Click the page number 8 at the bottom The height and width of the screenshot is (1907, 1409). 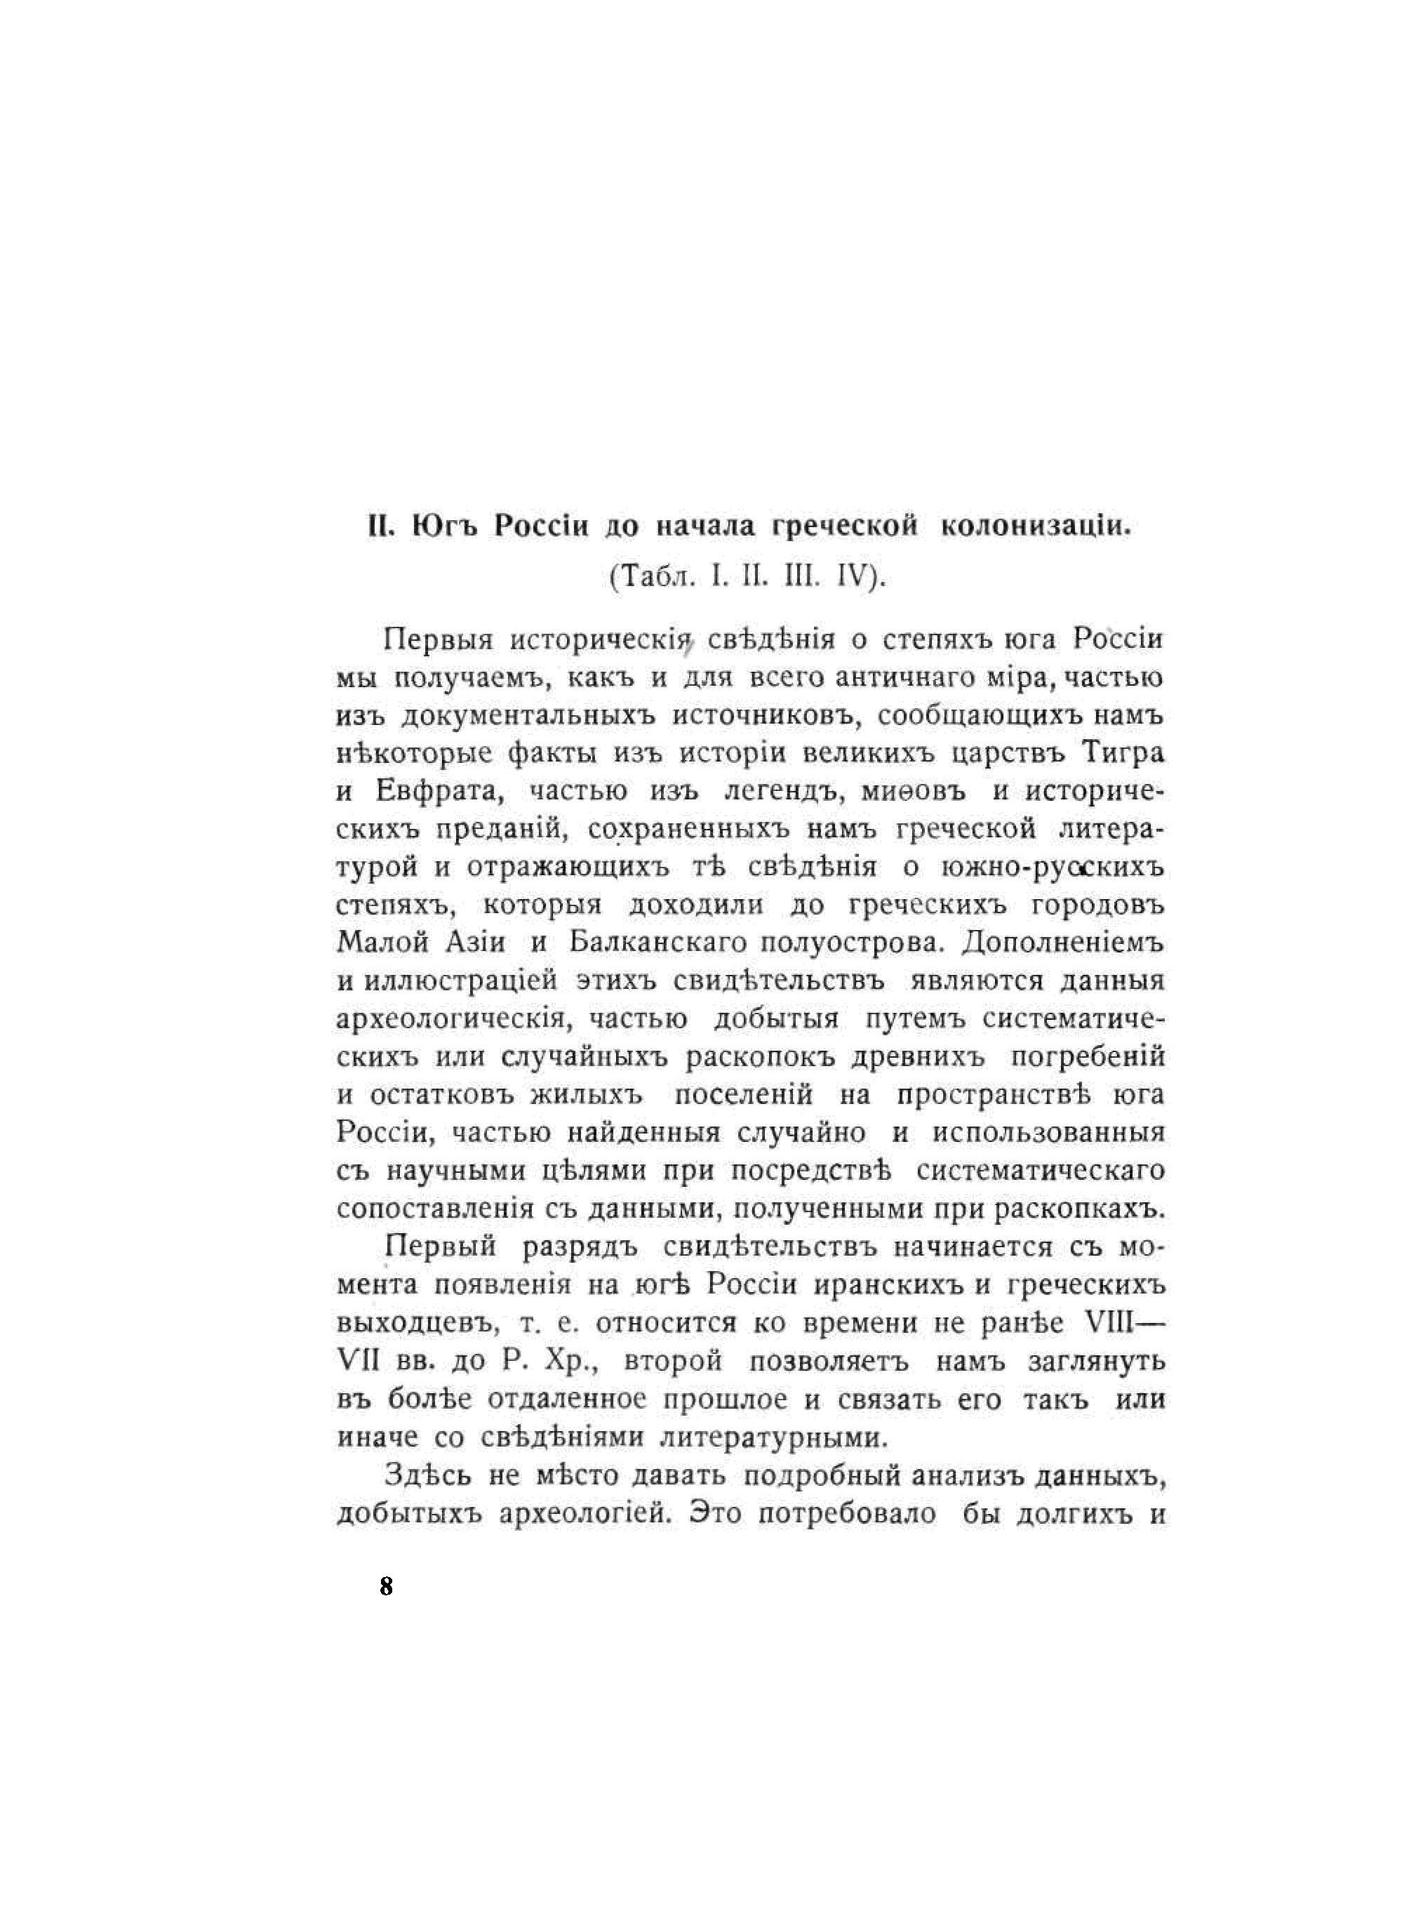pyautogui.click(x=387, y=1586)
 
